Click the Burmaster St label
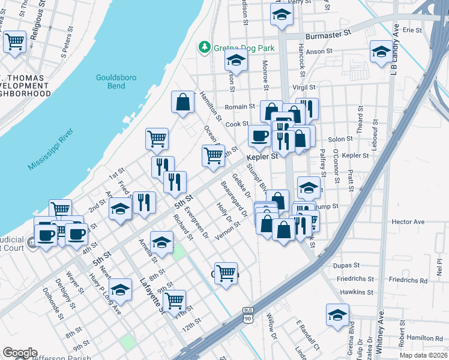[328, 36]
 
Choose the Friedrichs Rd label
[408, 280]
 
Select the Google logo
[20, 352]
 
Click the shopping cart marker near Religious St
[14, 42]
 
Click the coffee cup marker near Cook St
[259, 136]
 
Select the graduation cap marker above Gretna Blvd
[338, 314]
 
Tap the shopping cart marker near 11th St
[174, 301]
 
